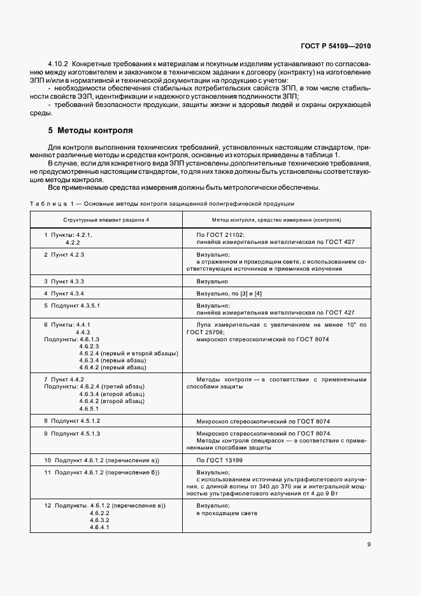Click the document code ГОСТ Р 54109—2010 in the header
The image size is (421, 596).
338,46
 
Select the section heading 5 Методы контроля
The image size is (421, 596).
90,131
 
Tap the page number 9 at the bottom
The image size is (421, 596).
369,544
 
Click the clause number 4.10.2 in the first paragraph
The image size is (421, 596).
59,65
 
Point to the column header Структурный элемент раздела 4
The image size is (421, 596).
106,219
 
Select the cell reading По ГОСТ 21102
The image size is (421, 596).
215,235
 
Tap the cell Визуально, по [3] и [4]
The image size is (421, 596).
228,293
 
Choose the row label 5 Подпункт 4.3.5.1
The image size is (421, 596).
72,306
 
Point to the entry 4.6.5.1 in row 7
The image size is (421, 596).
94,409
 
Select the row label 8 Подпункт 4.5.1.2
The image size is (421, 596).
72,422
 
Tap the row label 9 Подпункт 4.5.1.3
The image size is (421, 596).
72,434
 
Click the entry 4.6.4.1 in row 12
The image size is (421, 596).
100,527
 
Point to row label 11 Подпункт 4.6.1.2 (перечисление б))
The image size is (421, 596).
102,472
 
